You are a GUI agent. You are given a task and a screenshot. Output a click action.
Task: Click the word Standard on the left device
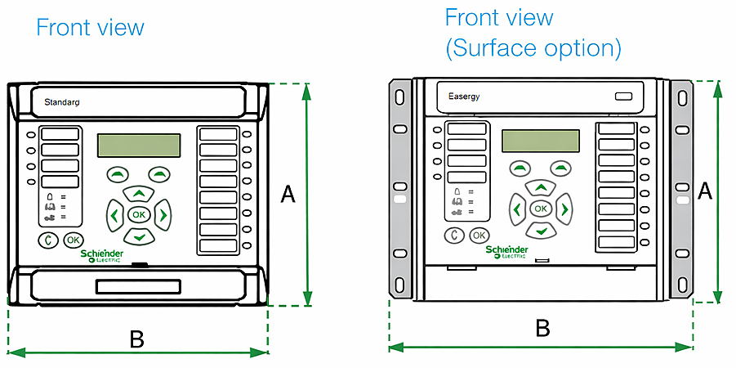pyautogui.click(x=61, y=103)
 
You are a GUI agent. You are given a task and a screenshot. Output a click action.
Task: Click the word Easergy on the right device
pyautogui.click(x=464, y=96)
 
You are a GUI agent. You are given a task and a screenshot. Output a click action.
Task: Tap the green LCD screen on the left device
pyautogui.click(x=139, y=146)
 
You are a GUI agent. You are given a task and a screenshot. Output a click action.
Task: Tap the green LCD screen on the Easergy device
pyautogui.click(x=540, y=141)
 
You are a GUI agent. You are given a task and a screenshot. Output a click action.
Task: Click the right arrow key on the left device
pyautogui.click(x=163, y=215)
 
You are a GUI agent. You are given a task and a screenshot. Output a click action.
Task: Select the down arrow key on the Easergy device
pyautogui.click(x=540, y=231)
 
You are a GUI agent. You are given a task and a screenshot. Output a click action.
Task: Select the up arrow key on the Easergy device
pyautogui.click(x=540, y=187)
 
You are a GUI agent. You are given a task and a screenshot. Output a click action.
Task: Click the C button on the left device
pyautogui.click(x=48, y=240)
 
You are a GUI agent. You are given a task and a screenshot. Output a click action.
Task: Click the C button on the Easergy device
pyautogui.click(x=456, y=236)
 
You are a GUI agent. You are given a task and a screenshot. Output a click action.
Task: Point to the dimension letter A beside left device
pyautogui.click(x=288, y=194)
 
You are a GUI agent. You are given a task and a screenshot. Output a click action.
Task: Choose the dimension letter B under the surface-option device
pyautogui.click(x=542, y=328)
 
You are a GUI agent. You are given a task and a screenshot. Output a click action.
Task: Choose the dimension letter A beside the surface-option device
pyautogui.click(x=705, y=191)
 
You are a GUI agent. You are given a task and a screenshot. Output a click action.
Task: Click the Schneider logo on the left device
pyautogui.click(x=102, y=257)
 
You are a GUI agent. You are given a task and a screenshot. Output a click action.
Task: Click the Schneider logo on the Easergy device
pyautogui.click(x=507, y=251)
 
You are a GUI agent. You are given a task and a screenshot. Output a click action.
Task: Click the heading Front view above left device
pyautogui.click(x=90, y=27)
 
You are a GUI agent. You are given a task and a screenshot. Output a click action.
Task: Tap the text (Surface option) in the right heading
pyautogui.click(x=533, y=47)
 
